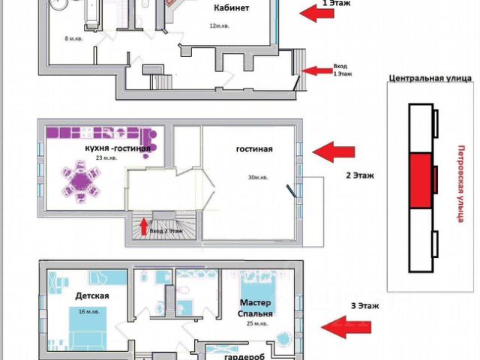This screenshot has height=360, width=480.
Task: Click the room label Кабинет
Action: pos(231,8)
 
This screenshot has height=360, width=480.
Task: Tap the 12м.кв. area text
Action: pos(219,26)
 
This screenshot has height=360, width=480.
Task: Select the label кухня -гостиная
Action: pos(118,148)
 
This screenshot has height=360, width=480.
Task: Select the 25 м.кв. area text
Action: pos(256,323)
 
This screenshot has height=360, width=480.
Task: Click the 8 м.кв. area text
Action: pos(72,38)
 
